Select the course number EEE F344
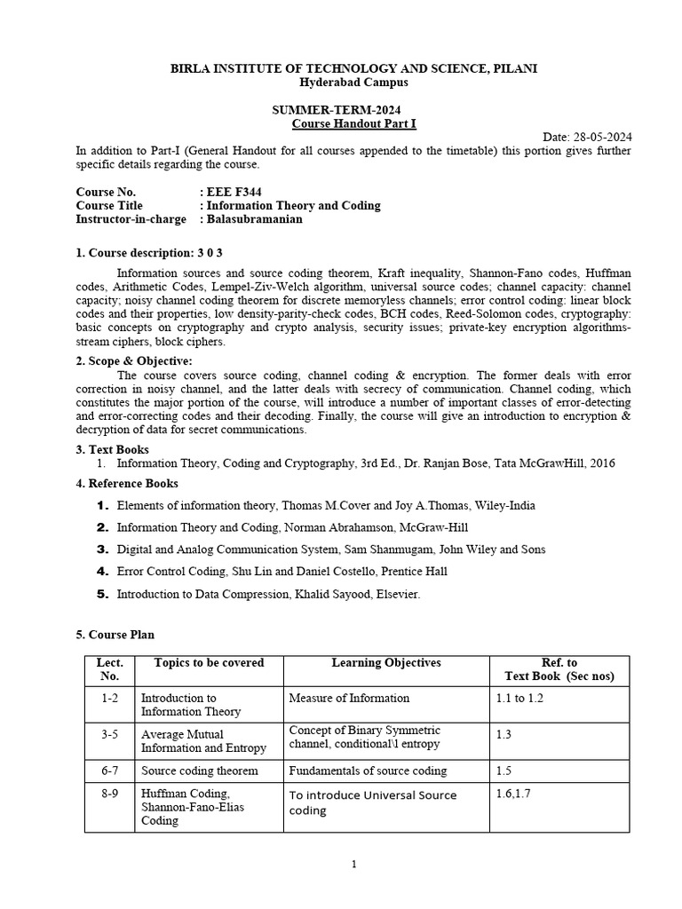click(x=234, y=191)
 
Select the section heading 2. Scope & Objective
click(x=134, y=360)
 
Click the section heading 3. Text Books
click(x=113, y=449)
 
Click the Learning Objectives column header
click(x=385, y=663)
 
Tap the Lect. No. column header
click(x=110, y=669)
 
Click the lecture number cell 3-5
click(x=110, y=735)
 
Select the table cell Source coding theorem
click(x=200, y=771)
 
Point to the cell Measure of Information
click(x=349, y=698)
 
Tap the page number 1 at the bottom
click(x=353, y=865)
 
